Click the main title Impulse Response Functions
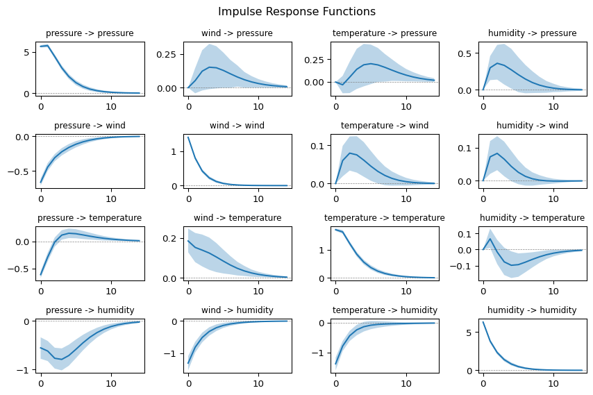coord(296,12)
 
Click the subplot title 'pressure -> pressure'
coord(90,33)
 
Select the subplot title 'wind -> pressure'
coord(237,33)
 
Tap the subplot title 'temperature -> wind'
coord(385,126)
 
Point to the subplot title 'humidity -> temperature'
coord(532,218)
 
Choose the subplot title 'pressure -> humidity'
coord(90,310)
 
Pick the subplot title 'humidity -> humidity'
coord(532,310)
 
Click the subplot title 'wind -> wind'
coord(237,126)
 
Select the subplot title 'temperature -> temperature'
coord(385,218)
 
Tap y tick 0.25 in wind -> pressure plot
coord(167,54)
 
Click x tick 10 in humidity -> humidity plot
coord(553,383)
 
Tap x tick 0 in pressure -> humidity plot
coord(41,383)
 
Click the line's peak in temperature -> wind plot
coord(350,153)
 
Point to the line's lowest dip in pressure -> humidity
coord(62,360)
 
